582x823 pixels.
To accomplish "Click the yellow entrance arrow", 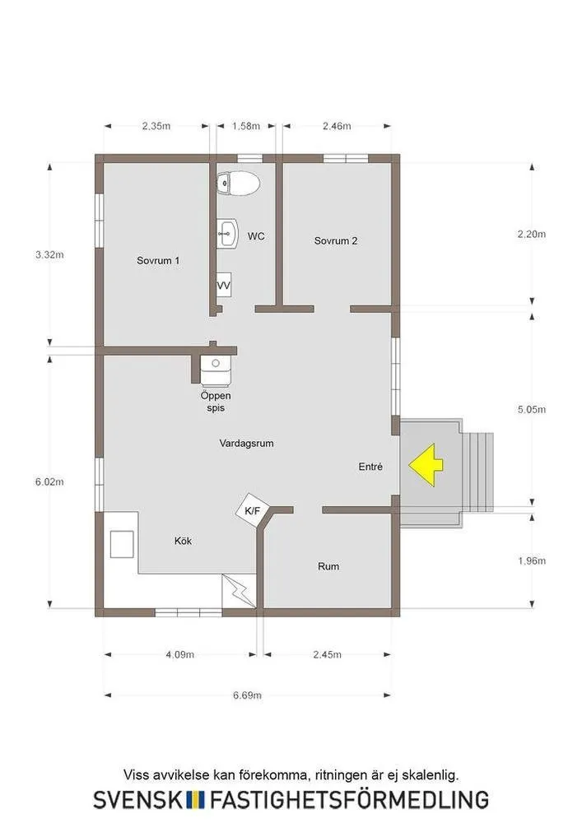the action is pyautogui.click(x=426, y=465).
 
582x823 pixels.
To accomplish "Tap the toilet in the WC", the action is pyautogui.click(x=238, y=184).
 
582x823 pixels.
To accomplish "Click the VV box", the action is pyautogui.click(x=224, y=285).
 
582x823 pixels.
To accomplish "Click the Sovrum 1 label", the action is pyautogui.click(x=158, y=260).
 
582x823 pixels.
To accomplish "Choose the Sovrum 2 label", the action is pyautogui.click(x=336, y=241).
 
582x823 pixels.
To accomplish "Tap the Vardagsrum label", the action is pyautogui.click(x=247, y=443).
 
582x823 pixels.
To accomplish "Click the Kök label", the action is pyautogui.click(x=183, y=541).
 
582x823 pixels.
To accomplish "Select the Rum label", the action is pyautogui.click(x=328, y=566).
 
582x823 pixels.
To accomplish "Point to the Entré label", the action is pyautogui.click(x=370, y=466).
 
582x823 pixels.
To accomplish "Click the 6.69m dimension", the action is pyautogui.click(x=247, y=695).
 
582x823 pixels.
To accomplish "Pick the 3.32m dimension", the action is pyautogui.click(x=50, y=254).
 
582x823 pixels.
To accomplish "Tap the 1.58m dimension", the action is pyautogui.click(x=246, y=126).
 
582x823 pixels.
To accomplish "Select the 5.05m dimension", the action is pyautogui.click(x=532, y=409).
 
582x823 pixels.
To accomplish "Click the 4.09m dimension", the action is pyautogui.click(x=180, y=654).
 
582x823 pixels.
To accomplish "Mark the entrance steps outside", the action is pyautogui.click(x=478, y=472).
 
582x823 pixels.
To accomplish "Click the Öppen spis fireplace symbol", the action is pyautogui.click(x=216, y=370).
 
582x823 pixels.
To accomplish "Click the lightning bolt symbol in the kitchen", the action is pyautogui.click(x=239, y=591).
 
